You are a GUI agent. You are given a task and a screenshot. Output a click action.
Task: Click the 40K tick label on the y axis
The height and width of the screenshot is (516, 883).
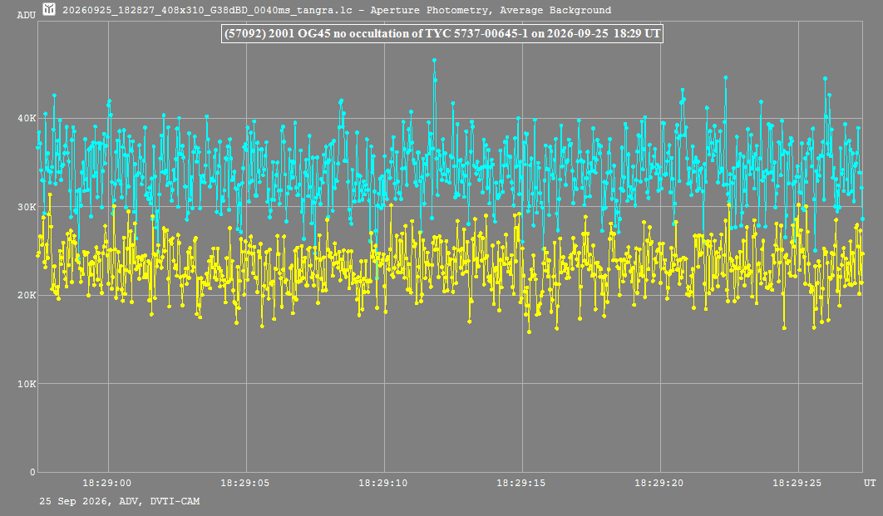click(x=27, y=118)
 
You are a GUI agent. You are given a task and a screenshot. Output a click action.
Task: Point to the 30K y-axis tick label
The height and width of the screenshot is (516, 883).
click(x=27, y=207)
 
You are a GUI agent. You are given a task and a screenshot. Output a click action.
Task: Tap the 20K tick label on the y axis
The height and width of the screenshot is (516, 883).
click(x=27, y=296)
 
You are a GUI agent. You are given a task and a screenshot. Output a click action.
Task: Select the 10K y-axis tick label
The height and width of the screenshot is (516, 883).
click(x=27, y=384)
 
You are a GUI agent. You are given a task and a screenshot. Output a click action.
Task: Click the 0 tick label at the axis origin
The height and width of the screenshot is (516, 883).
click(x=32, y=472)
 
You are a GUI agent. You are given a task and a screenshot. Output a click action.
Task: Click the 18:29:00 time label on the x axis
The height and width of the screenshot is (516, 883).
click(x=107, y=483)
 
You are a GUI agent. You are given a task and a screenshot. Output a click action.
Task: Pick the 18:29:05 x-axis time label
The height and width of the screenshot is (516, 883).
click(x=245, y=483)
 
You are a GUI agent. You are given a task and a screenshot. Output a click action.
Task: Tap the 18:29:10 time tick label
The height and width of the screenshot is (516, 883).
click(x=383, y=483)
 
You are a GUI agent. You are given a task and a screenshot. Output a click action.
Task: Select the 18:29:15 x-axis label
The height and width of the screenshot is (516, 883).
click(x=520, y=483)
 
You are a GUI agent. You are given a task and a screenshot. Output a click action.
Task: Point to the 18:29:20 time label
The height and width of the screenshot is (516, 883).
click(x=659, y=483)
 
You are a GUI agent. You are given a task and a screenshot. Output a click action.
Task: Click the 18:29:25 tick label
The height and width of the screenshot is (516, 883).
click(x=797, y=483)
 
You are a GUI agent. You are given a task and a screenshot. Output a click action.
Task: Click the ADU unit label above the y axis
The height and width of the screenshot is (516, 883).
click(x=27, y=15)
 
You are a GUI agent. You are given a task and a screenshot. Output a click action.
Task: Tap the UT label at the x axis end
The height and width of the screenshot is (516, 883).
click(x=870, y=483)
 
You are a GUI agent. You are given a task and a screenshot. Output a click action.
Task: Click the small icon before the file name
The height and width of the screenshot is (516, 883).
click(x=49, y=9)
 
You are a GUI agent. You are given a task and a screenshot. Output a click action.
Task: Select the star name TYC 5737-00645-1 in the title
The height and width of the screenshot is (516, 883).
click(x=476, y=34)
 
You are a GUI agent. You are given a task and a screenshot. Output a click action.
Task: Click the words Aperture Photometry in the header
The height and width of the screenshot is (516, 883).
click(x=428, y=10)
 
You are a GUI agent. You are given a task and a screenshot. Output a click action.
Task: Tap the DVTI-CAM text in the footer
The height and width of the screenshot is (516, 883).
click(x=175, y=501)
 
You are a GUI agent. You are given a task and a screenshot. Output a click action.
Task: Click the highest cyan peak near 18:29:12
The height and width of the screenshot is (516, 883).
click(x=434, y=60)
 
